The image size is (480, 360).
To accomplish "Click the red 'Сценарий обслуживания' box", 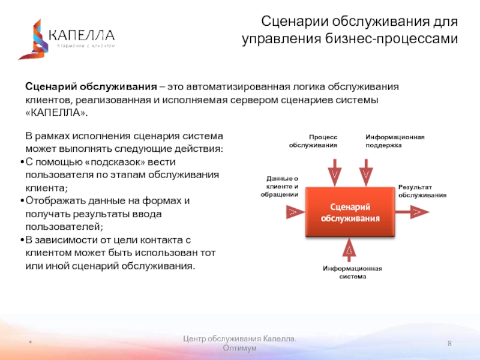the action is click(x=350, y=212).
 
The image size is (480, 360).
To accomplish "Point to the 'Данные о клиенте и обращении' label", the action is click(x=281, y=186).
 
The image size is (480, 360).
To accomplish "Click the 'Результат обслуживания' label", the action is click(x=422, y=191).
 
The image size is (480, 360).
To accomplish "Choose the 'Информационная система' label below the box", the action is click(x=352, y=272).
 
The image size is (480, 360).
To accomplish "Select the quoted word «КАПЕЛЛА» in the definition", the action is click(x=56, y=113).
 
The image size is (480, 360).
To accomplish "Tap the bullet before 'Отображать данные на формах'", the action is click(x=22, y=200).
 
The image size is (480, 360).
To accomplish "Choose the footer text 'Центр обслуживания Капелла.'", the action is click(x=239, y=340).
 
